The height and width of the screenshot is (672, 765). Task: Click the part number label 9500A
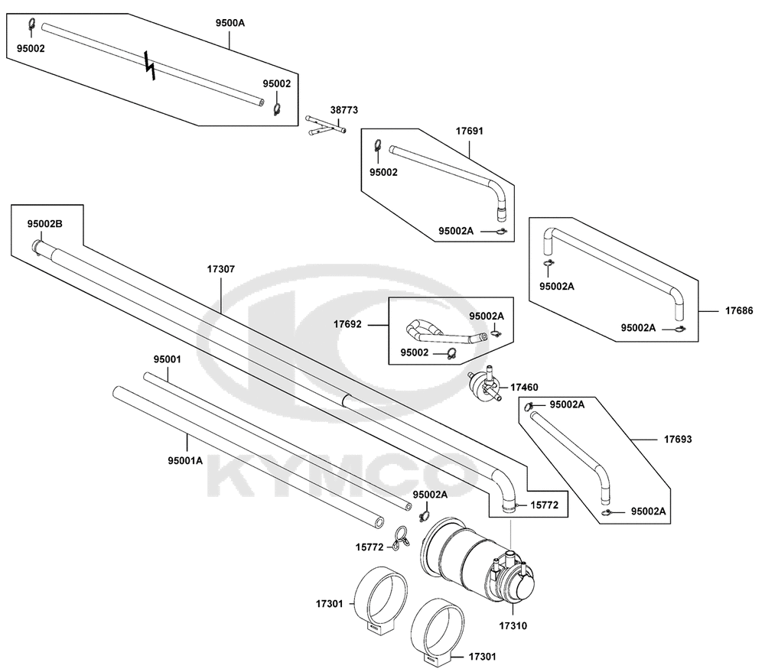(229, 22)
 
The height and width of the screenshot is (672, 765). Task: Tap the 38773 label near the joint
(344, 110)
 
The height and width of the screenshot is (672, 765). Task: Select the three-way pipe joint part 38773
(326, 125)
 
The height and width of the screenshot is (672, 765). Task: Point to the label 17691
(470, 131)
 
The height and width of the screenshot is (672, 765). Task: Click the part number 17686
(739, 310)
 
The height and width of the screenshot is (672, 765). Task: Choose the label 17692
(347, 324)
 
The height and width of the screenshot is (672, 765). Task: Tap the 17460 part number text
(524, 387)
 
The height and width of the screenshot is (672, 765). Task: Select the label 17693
(678, 440)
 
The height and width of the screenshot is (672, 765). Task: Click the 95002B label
(45, 224)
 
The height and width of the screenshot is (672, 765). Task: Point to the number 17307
(221, 268)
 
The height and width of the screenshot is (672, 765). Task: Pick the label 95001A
(185, 460)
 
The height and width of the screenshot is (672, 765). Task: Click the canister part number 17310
(513, 625)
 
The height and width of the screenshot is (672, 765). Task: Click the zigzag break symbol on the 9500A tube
(150, 64)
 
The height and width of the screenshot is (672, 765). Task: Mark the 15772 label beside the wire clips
(369, 547)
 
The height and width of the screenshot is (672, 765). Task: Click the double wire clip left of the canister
(401, 540)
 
